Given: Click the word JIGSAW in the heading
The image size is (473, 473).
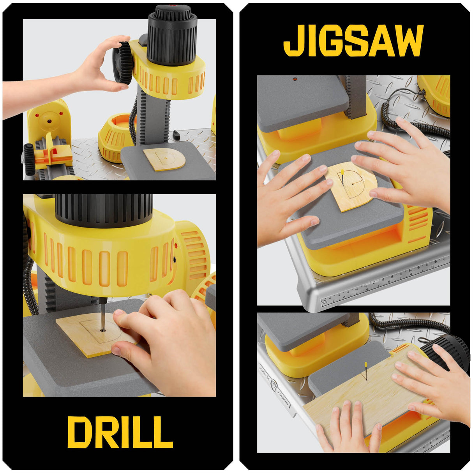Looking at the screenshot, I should pos(353,41).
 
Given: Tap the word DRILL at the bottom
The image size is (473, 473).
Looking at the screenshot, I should pos(120,432).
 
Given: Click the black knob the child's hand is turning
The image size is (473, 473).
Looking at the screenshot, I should pos(124,63).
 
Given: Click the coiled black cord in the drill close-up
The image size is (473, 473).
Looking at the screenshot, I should pos(28,281).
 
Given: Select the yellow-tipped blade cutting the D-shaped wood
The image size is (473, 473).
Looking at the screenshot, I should pos(342,177).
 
